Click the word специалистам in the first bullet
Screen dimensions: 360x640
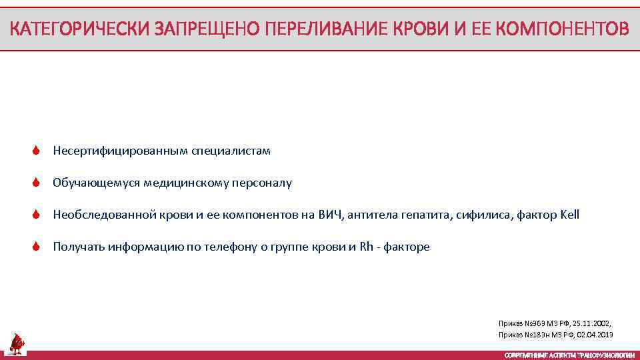click(x=231, y=151)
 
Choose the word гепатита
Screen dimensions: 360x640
click(x=426, y=215)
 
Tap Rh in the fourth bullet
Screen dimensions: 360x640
click(x=366, y=247)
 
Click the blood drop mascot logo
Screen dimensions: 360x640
click(x=15, y=343)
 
